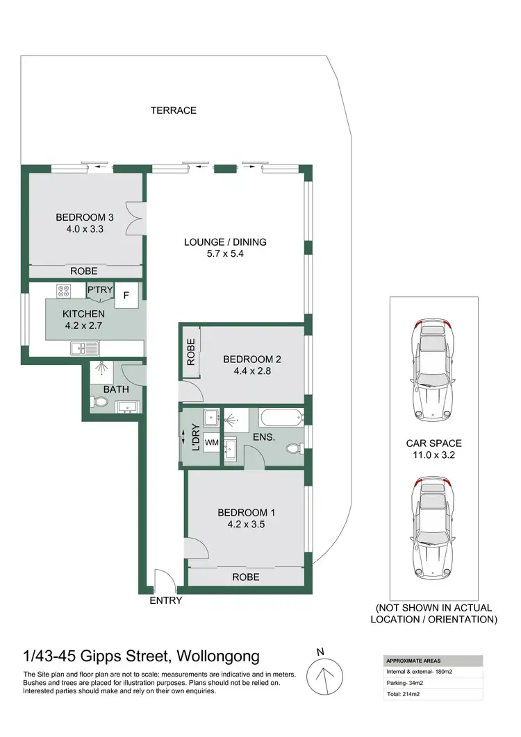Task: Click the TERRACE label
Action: point(173,110)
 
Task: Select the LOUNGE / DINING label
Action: point(225,242)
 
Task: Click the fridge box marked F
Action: point(126,294)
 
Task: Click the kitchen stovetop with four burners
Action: point(63,290)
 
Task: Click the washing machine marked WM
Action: point(211,443)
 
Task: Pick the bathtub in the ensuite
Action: point(281,418)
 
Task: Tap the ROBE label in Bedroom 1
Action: point(246,577)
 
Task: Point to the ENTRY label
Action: point(166,600)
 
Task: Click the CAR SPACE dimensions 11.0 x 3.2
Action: point(433,455)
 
